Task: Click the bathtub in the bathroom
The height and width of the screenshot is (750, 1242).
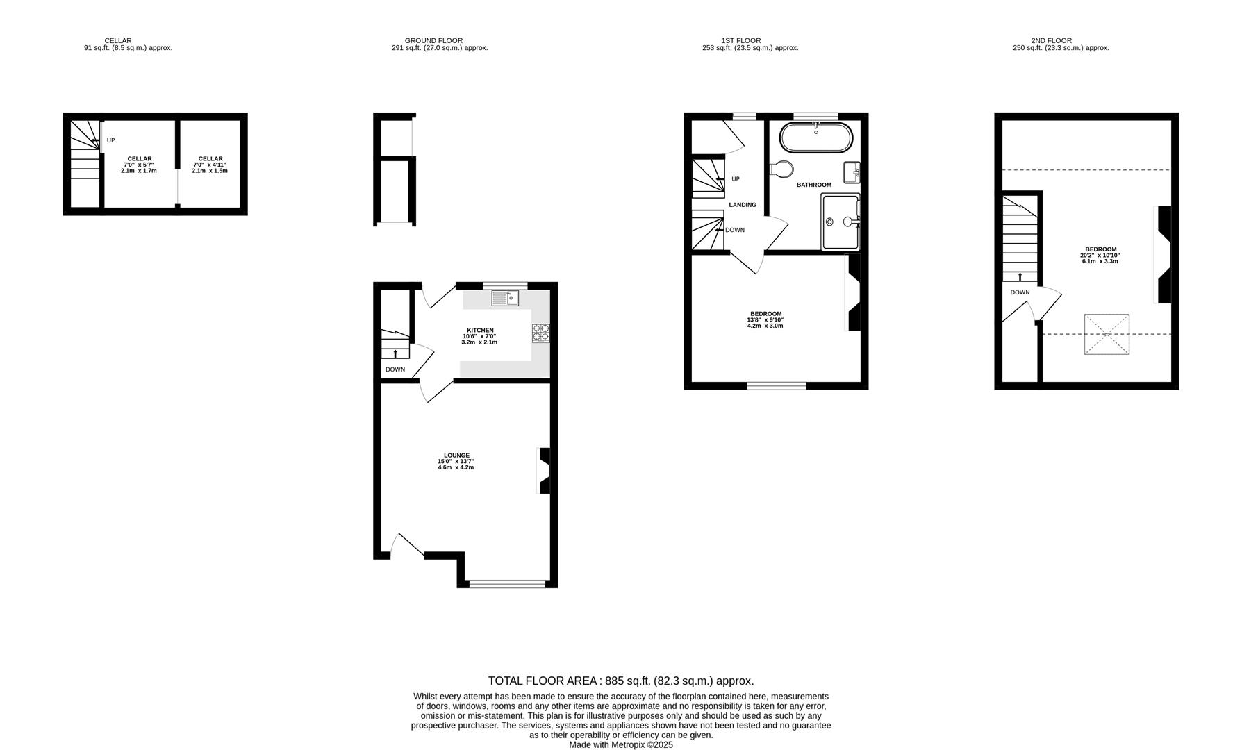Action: tap(816, 137)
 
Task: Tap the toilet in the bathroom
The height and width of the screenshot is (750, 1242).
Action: tap(783, 169)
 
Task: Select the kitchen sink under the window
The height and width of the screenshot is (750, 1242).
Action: tap(505, 299)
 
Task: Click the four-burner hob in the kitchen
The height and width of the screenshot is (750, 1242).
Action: tap(541, 333)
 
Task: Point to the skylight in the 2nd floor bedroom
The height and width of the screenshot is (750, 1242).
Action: tap(1107, 335)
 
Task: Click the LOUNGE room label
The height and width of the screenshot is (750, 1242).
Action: tap(456, 456)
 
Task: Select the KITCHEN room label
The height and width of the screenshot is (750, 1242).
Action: tap(480, 330)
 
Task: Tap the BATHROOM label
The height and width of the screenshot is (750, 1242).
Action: tap(813, 185)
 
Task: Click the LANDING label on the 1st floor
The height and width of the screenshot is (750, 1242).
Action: tap(743, 205)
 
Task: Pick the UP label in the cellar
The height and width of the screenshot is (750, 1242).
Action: tap(110, 140)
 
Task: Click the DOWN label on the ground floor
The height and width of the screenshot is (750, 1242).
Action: tap(395, 369)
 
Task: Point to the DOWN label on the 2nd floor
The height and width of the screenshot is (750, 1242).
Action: tap(1020, 292)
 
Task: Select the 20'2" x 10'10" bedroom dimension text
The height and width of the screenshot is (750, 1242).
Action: tap(1100, 256)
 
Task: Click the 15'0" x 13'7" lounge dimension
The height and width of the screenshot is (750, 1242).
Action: tap(456, 462)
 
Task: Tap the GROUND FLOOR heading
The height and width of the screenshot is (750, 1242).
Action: tap(433, 40)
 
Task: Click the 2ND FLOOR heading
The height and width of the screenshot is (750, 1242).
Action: tap(1051, 40)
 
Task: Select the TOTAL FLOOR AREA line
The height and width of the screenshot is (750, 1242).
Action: tap(620, 681)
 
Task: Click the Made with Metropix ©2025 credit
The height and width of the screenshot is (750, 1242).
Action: tap(620, 745)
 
